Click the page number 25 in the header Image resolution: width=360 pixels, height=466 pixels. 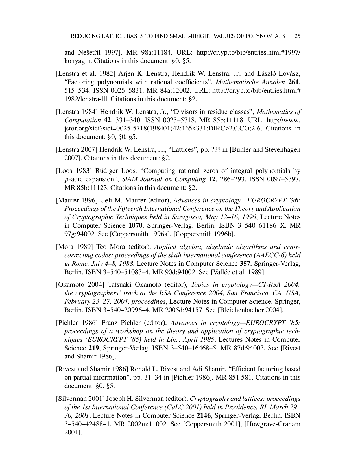pyautogui.click(x=297, y=36)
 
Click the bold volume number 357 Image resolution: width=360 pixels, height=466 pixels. pyautogui.click(x=245, y=264)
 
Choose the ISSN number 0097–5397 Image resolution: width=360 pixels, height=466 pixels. pyautogui.click(x=283, y=179)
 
